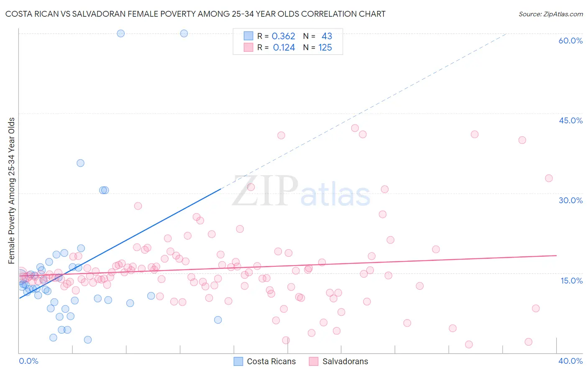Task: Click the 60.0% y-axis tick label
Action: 570,41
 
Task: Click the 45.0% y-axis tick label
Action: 570,120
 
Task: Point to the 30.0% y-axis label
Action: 570,200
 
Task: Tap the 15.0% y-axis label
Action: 571,281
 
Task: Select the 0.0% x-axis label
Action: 28,361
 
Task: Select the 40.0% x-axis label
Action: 570,361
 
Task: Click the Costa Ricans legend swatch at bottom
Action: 238,361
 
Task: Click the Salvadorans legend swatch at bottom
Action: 314,361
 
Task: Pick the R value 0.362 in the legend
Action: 284,36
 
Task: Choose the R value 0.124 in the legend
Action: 284,48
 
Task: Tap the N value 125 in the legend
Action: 325,48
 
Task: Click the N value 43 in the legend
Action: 327,36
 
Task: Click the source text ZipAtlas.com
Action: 551,14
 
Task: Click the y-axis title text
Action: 12,191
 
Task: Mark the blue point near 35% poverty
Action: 80,163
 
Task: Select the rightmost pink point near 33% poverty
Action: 549,178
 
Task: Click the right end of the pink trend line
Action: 556,255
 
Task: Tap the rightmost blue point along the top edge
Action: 184,33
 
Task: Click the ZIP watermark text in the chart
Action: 265,192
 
